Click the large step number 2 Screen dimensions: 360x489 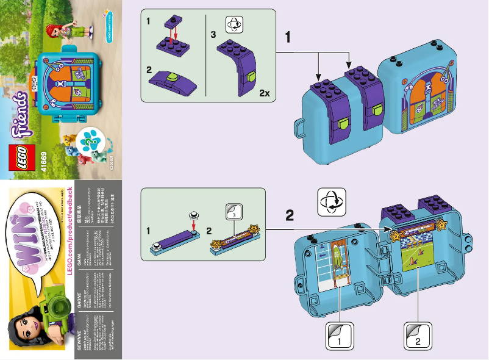290,215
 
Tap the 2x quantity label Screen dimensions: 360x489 263,93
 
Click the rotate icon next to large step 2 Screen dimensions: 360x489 330,201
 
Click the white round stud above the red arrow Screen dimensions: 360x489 192,215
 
